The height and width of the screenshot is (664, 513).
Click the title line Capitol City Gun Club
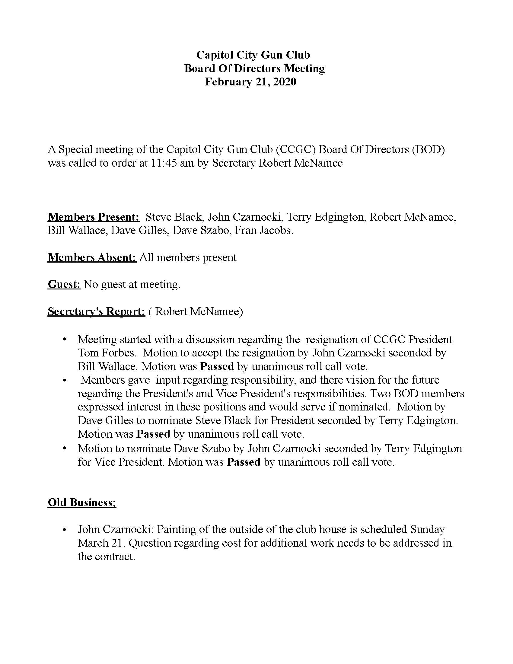253,55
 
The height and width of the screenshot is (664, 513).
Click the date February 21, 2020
250,82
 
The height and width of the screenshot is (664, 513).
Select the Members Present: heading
93,217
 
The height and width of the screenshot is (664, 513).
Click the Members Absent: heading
92,257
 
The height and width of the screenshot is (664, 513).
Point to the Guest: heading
64,284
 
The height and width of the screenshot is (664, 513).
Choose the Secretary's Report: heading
96,312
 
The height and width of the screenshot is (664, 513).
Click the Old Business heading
82,503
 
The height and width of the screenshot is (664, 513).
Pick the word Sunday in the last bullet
427,529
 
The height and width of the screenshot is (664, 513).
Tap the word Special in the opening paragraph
75,150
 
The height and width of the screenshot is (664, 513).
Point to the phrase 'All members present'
188,257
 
